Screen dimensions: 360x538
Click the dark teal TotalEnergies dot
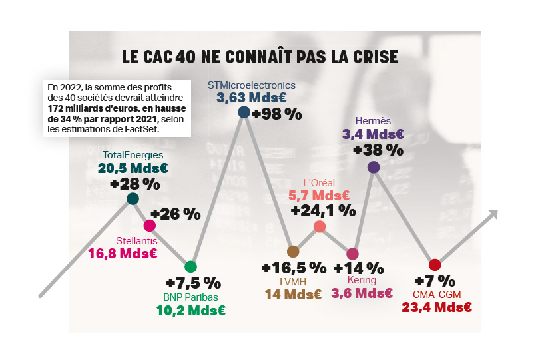click(133, 198)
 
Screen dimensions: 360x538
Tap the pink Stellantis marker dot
click(150, 226)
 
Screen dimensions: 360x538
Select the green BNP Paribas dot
click(191, 267)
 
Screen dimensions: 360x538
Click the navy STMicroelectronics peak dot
click(244, 112)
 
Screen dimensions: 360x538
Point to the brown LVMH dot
click(292, 251)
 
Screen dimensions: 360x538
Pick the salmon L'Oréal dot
click(320, 226)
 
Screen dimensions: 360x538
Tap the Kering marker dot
click(352, 254)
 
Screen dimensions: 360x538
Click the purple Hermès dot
click(374, 167)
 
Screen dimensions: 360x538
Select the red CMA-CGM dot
click(435, 265)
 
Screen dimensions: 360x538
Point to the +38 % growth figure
click(378, 150)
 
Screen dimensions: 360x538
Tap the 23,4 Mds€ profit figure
click(437, 307)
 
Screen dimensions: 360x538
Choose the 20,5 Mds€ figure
click(133, 168)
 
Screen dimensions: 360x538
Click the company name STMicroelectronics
click(251, 85)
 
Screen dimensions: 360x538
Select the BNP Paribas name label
click(191, 297)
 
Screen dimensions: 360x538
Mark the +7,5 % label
click(193, 282)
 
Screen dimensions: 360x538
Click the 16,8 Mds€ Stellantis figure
click(123, 253)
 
